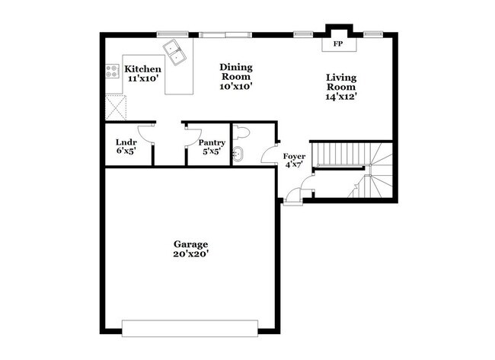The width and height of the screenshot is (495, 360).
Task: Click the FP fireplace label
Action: tap(338, 44)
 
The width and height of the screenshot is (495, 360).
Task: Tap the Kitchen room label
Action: tap(142, 69)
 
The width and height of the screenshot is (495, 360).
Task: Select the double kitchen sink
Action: tap(175, 53)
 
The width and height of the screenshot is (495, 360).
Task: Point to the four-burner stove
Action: tap(112, 71)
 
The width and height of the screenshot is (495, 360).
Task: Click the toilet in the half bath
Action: tap(241, 132)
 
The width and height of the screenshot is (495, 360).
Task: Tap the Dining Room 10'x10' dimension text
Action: tap(236, 86)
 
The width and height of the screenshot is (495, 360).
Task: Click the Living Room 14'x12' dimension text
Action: tap(341, 97)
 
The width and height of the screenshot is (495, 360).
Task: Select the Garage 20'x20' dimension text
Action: tap(190, 253)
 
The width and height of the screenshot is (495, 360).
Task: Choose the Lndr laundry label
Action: tap(126, 142)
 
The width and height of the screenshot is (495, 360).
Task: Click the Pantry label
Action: tap(212, 142)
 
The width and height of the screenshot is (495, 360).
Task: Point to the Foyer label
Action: tap(294, 157)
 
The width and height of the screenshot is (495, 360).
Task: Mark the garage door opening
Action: tap(190, 329)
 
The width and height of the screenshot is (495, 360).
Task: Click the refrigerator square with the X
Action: tap(116, 107)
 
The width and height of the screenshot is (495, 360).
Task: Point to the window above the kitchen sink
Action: tap(173, 34)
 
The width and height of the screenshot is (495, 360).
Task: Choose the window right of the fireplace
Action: tap(373, 34)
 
